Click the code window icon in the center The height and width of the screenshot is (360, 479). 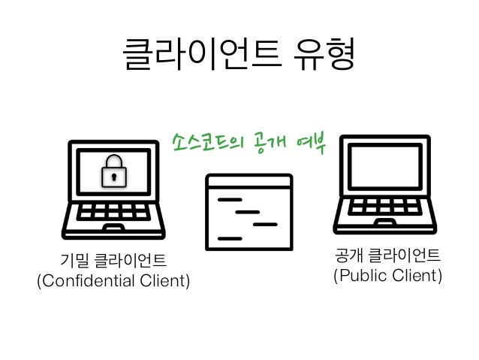point(249,211)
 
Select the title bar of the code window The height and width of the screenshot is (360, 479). point(249,181)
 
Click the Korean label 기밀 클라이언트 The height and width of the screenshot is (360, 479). point(113,262)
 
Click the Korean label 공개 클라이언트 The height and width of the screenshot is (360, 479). point(387,256)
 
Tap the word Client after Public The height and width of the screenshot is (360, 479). point(417,276)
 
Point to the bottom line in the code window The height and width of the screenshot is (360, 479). point(230,237)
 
